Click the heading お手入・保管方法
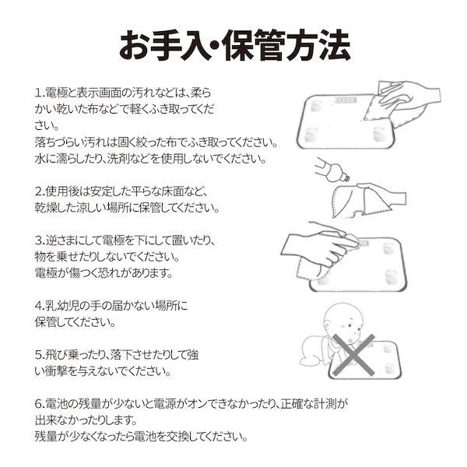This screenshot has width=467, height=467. pyautogui.click(x=235, y=44)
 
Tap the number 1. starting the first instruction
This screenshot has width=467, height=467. pyautogui.click(x=39, y=93)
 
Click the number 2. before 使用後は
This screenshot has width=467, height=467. pyautogui.click(x=39, y=191)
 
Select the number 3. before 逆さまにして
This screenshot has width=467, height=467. pyautogui.click(x=39, y=241)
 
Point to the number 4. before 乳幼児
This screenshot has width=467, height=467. pyautogui.click(x=39, y=306)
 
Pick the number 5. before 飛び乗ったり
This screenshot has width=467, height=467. pyautogui.click(x=39, y=355)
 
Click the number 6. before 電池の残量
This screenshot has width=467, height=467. pyautogui.click(x=39, y=404)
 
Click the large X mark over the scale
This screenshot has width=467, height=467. pyautogui.click(x=353, y=355)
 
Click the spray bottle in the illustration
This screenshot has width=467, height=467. pyautogui.click(x=332, y=169)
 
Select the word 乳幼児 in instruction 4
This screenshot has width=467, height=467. pyautogui.click(x=62, y=306)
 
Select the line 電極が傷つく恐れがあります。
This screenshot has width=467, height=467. pyautogui.click(x=104, y=273)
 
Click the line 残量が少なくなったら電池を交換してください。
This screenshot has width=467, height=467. pyautogui.click(x=142, y=437)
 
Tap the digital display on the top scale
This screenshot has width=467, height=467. pyautogui.click(x=345, y=100)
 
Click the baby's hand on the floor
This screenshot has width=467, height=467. pyautogui.click(x=310, y=360)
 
